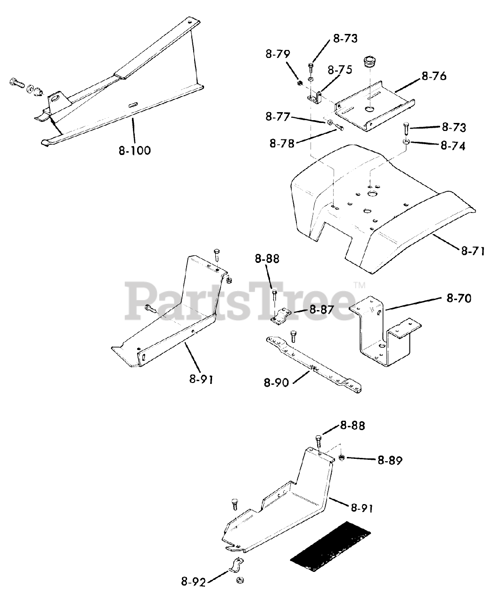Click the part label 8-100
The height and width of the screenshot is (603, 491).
coord(135,151)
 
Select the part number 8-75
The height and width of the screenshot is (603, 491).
coord(340,70)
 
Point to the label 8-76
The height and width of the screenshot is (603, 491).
coord(434,76)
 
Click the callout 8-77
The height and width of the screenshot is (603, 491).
coord(278,117)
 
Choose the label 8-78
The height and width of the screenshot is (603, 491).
coord(282,143)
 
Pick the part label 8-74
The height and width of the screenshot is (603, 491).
coord(453,146)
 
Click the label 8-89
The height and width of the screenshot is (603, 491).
coord(390,460)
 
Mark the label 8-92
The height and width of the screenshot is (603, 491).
coord(192,582)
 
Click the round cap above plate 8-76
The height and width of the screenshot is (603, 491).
coord(370,62)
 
